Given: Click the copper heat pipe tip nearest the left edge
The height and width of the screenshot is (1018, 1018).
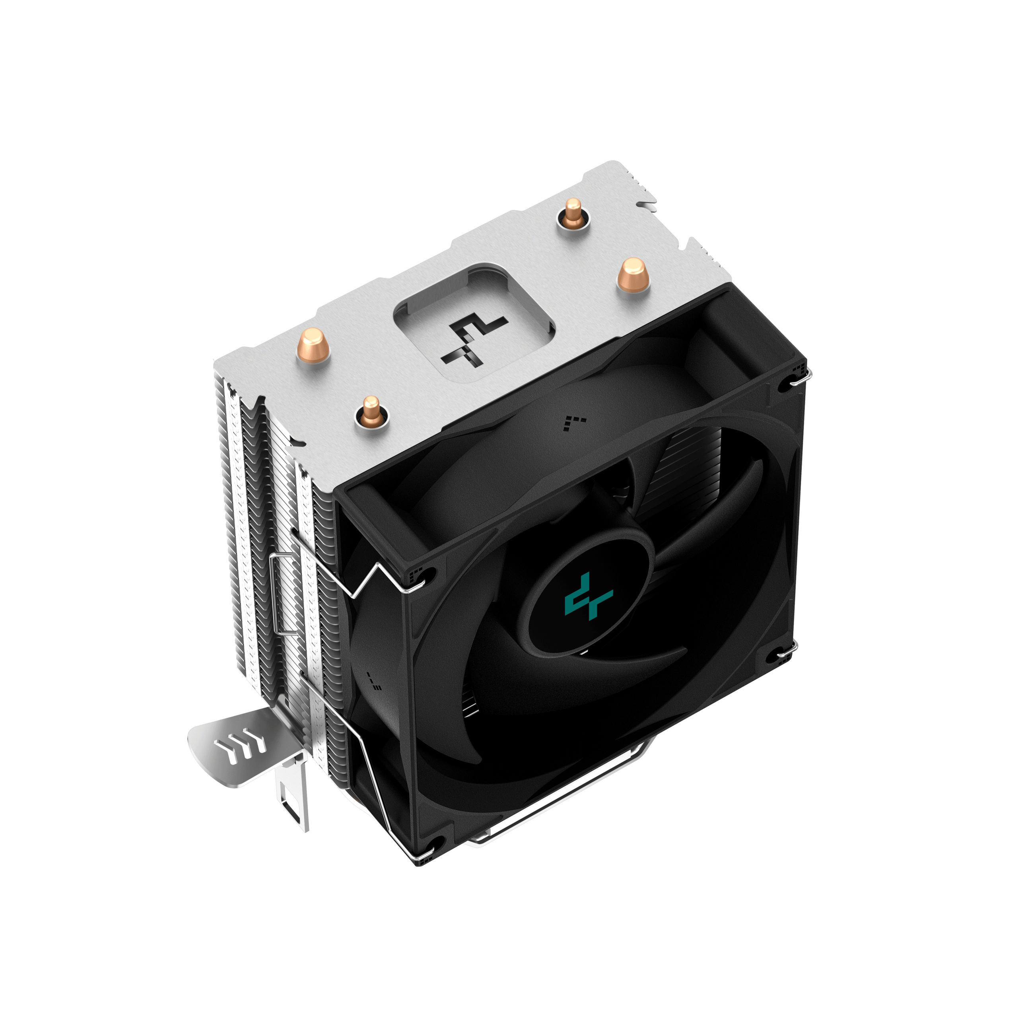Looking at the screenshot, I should click(x=313, y=345).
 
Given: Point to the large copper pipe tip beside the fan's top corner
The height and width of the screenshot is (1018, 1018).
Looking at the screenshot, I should click(x=632, y=274).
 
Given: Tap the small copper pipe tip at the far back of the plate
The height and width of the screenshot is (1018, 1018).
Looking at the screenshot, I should click(x=573, y=214).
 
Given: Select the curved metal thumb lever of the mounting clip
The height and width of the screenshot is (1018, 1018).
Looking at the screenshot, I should click(x=232, y=743).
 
